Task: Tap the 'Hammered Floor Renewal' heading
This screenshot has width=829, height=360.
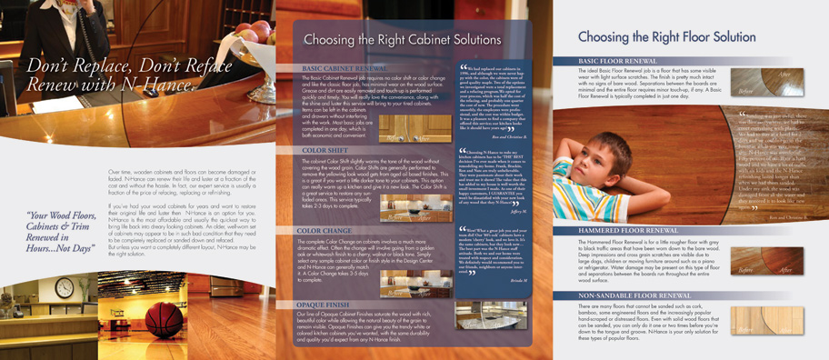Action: pos(630,231)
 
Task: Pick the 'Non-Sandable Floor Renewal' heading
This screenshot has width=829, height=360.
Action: pos(636,295)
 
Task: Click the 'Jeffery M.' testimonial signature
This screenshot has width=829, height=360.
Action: pos(518,211)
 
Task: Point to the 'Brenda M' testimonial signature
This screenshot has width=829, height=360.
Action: pos(517,282)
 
